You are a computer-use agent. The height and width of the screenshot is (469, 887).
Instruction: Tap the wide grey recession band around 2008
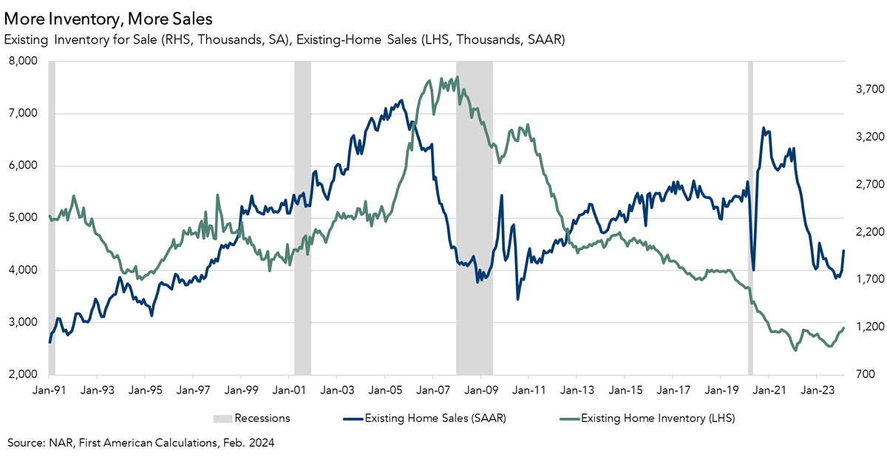(x=474, y=222)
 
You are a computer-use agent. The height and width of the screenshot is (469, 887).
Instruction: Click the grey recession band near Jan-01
(x=302, y=222)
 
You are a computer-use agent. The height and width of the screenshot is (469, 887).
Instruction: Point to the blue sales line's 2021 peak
(x=764, y=128)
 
